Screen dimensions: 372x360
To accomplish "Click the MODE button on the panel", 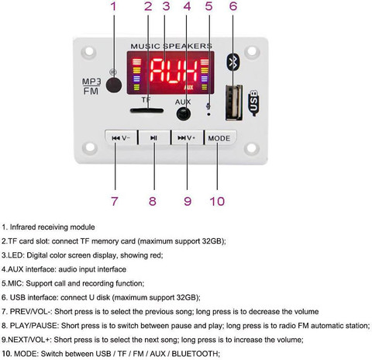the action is pos(220,138).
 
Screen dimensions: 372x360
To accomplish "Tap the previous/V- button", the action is pos(121,138).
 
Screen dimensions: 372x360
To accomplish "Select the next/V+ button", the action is pos(187,138).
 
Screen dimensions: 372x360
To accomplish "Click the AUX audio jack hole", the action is pos(184,113).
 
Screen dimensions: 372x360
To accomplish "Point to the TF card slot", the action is pos(146,111).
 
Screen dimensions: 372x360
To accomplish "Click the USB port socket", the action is pos(234,102).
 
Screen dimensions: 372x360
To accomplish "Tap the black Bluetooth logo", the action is pos(233,62).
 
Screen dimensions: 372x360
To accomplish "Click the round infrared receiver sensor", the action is pos(114,85).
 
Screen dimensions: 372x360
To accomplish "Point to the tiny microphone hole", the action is pos(208,114).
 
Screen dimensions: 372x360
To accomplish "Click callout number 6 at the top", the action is pos(233,6).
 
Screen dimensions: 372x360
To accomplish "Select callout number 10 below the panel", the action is pos(217,201).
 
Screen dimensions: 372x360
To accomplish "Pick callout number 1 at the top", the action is pos(113,6).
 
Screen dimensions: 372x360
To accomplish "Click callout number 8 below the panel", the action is pos(153,201).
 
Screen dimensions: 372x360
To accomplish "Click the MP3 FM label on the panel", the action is pos(91,86).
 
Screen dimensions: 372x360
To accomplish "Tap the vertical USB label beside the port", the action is pos(253,103).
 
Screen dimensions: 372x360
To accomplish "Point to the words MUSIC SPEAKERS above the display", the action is pos(171,46).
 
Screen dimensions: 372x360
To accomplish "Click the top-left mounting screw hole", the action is pos(89,51).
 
